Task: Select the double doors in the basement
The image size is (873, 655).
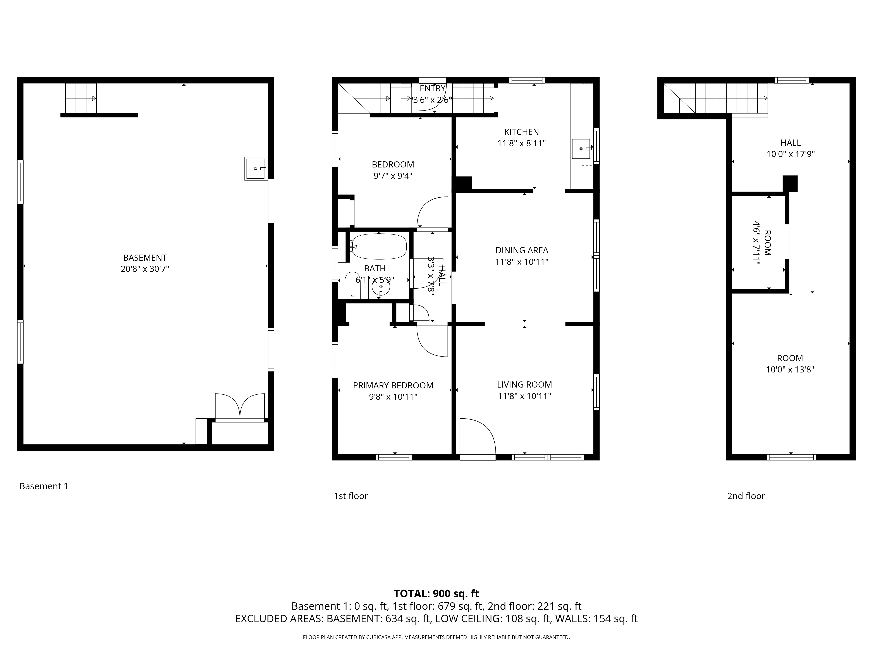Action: pyautogui.click(x=240, y=407)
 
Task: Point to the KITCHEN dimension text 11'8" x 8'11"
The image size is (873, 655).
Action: pyautogui.click(x=521, y=143)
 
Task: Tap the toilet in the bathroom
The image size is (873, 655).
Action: pyautogui.click(x=352, y=285)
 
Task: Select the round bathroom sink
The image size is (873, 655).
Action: pyautogui.click(x=381, y=287)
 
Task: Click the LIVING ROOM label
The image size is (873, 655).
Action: pyautogui.click(x=524, y=384)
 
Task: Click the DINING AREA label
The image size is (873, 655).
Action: pyautogui.click(x=522, y=250)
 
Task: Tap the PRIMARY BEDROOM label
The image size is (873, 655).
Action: pyautogui.click(x=393, y=385)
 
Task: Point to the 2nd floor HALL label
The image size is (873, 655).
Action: pyautogui.click(x=791, y=143)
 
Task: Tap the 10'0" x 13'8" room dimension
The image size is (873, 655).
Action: pyautogui.click(x=790, y=370)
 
